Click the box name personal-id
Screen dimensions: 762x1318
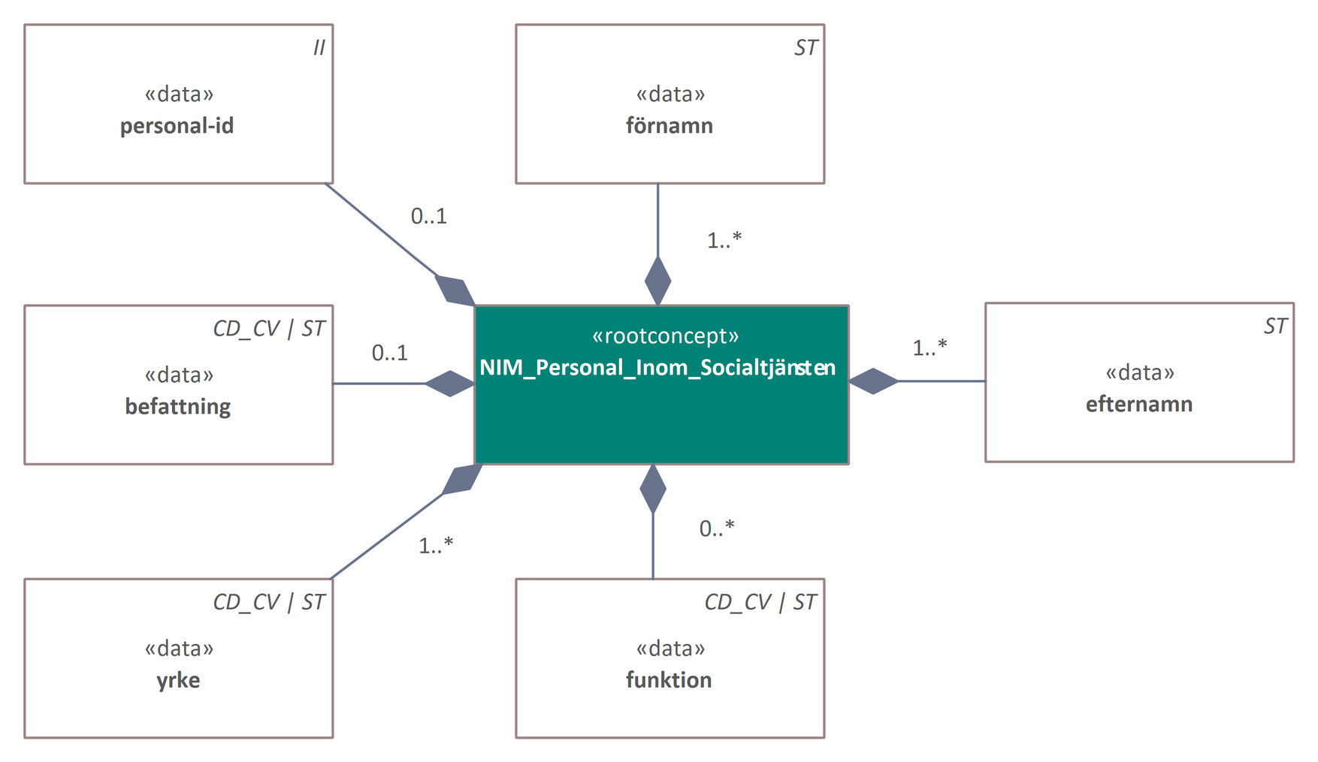(x=177, y=125)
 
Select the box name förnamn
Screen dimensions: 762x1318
(x=670, y=125)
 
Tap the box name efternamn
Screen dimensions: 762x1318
(x=1139, y=404)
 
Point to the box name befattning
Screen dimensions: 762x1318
(x=178, y=406)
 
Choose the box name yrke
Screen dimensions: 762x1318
(x=178, y=680)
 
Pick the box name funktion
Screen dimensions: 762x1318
(x=669, y=679)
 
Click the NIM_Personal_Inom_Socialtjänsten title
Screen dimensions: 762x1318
(x=657, y=368)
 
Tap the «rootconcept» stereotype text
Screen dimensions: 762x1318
(x=665, y=336)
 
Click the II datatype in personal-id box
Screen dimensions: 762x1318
(x=319, y=48)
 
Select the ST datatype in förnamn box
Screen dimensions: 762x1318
(x=806, y=48)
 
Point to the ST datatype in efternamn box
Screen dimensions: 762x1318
(x=1275, y=326)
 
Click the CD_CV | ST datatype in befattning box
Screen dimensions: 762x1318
(x=269, y=328)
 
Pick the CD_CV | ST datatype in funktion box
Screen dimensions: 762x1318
(x=760, y=602)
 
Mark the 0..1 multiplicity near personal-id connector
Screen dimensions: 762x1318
(x=429, y=216)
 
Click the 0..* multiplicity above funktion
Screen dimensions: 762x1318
(x=716, y=529)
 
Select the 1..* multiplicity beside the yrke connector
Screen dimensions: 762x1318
(x=436, y=546)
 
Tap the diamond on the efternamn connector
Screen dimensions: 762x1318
(x=873, y=381)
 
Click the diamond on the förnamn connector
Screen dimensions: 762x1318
(x=658, y=281)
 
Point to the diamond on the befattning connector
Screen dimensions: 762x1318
(x=450, y=384)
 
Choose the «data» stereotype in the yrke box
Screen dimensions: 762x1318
(x=179, y=648)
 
